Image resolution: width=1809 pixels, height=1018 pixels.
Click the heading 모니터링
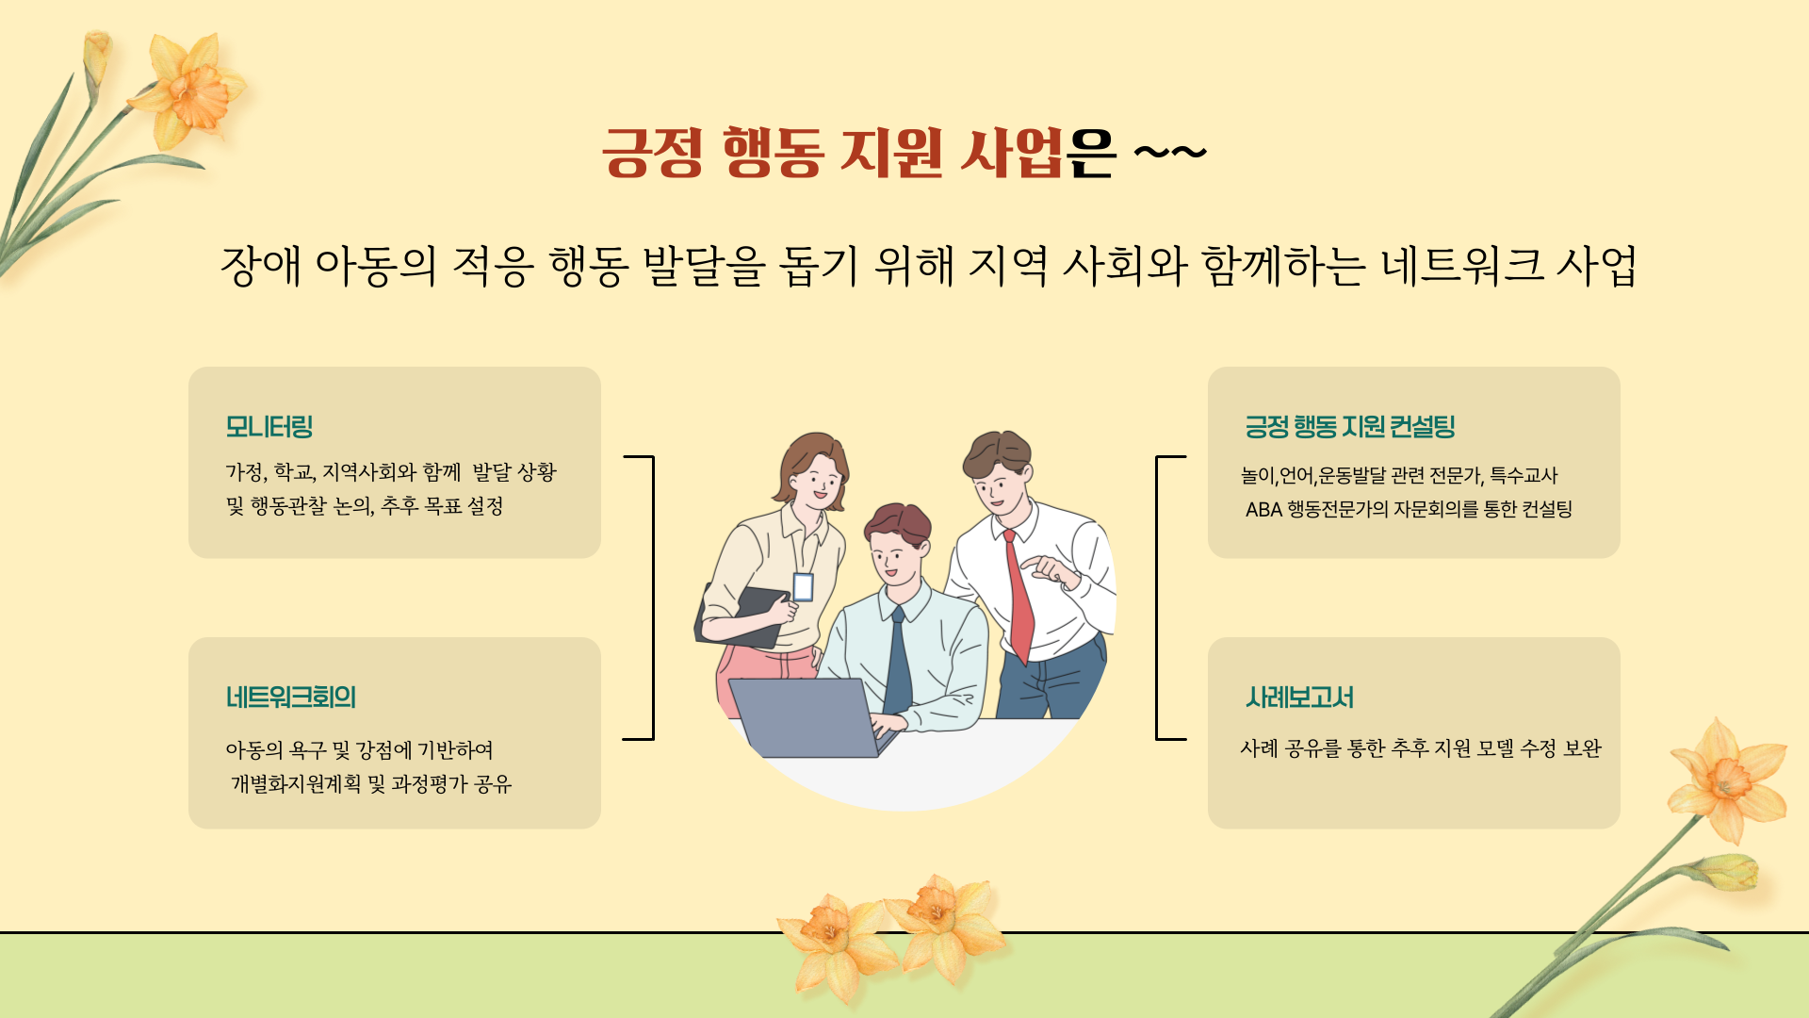click(269, 427)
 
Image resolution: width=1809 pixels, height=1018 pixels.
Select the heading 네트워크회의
click(291, 698)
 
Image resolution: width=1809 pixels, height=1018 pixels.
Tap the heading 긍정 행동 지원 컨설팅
click(1350, 427)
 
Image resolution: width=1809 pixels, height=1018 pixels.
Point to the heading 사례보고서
click(1299, 698)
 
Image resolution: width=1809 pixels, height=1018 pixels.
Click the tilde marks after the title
click(1169, 151)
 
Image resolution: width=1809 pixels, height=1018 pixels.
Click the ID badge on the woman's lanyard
click(803, 586)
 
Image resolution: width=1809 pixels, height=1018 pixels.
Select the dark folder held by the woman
click(742, 617)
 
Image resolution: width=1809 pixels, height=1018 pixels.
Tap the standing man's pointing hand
click(1051, 569)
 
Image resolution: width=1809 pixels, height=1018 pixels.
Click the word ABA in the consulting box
click(1263, 510)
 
